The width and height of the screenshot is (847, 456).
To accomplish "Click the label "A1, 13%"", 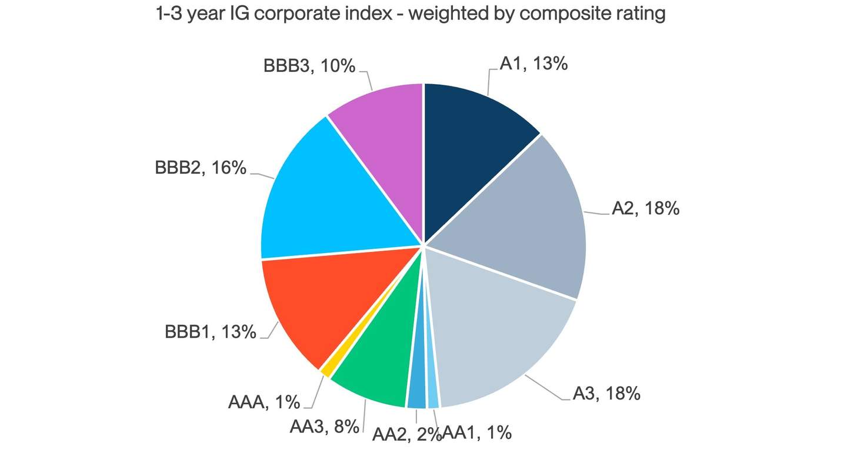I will point(533,63).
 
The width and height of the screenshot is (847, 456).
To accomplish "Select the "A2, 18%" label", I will point(645,208).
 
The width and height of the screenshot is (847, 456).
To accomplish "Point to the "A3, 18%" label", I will point(606,393).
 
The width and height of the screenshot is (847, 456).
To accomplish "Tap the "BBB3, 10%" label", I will point(309,66).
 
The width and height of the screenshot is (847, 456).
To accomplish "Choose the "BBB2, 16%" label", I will point(201,168).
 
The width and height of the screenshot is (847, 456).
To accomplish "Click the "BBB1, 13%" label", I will point(211,332).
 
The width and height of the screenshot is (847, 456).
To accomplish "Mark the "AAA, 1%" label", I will point(264,403).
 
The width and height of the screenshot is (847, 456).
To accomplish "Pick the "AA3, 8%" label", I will point(324,427).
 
